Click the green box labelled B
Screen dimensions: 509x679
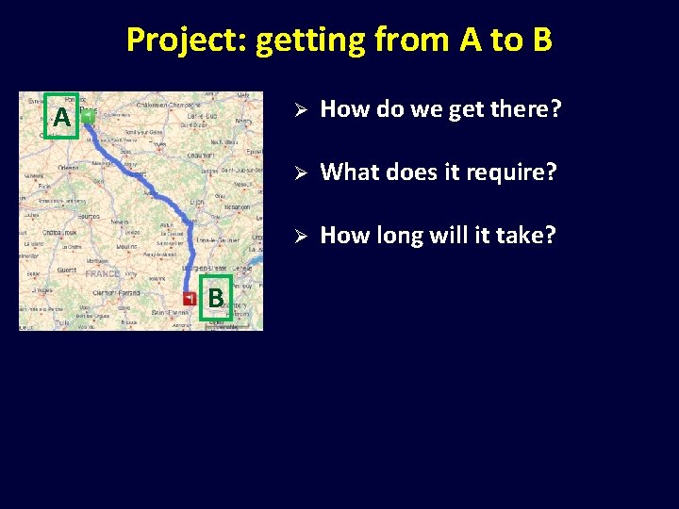(216, 298)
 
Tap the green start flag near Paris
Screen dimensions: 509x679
(87, 116)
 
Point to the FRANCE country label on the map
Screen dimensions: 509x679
(102, 274)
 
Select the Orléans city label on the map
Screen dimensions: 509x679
(68, 167)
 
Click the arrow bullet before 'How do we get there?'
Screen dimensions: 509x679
(296, 110)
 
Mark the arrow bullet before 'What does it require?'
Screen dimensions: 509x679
(296, 172)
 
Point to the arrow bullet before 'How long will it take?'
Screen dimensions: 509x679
(296, 236)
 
